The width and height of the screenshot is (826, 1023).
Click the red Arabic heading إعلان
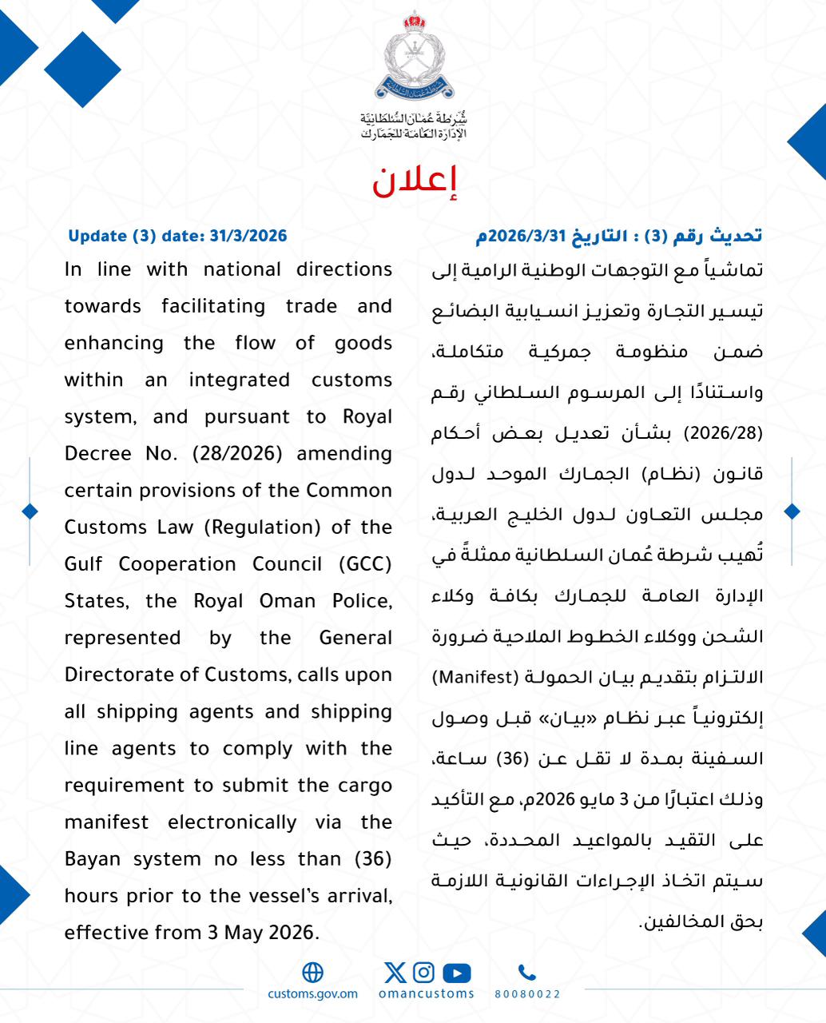414,183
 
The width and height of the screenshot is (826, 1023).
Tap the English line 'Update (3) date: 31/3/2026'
177,236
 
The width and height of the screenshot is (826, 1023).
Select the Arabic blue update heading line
619,236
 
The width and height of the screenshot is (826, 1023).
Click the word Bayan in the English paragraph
92,859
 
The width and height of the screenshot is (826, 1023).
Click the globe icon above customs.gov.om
313,972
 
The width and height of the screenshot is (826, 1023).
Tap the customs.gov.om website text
313,994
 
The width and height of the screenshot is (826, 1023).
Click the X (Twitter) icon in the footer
395,972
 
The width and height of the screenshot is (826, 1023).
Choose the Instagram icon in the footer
424,972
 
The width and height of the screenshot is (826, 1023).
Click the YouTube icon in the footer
456,973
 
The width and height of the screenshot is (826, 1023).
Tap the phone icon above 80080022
526,973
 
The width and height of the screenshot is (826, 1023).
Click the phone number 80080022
527,994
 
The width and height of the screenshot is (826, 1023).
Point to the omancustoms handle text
426,994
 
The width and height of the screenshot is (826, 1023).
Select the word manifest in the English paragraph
106,822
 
